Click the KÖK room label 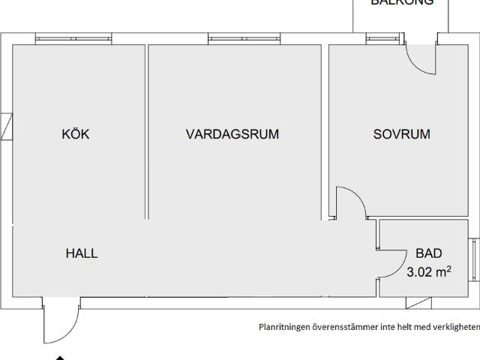(x=76, y=134)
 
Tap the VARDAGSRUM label (x=232, y=134)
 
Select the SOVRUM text (x=402, y=134)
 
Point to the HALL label (x=82, y=253)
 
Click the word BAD (x=429, y=253)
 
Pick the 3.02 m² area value (x=429, y=272)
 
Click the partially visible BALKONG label (x=401, y=3)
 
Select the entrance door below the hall (x=60, y=322)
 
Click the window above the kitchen (x=73, y=38)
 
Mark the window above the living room (x=238, y=38)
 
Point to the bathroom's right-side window (x=473, y=259)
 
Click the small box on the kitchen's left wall (x=6, y=126)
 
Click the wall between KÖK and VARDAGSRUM (x=146, y=131)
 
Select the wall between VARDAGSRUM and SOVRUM (x=326, y=131)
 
